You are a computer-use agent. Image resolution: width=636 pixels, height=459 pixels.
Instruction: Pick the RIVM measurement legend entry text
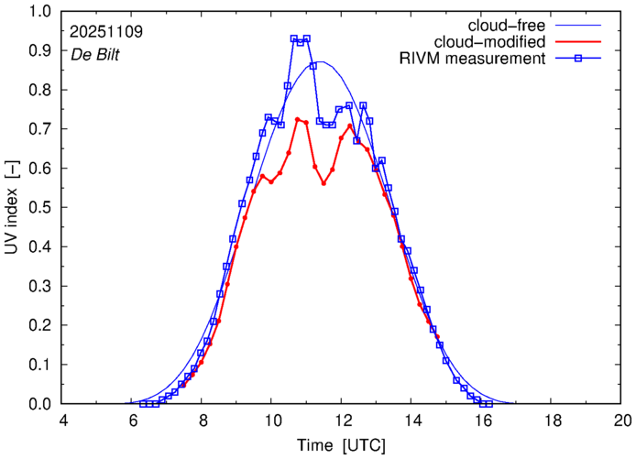pyautogui.click(x=474, y=60)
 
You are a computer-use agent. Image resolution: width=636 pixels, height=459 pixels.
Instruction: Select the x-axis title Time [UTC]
pyautogui.click(x=342, y=445)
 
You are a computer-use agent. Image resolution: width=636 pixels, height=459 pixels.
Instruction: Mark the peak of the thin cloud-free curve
pyautogui.click(x=320, y=61)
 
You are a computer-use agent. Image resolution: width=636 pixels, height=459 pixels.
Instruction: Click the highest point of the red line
pyautogui.click(x=297, y=119)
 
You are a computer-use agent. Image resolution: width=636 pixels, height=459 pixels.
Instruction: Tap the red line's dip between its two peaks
pyautogui.click(x=323, y=183)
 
